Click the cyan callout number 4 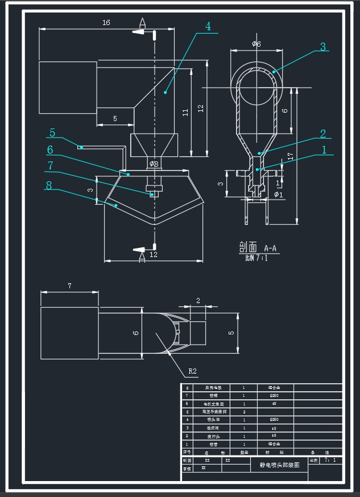click(x=208, y=26)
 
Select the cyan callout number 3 click(x=323, y=47)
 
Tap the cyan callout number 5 click(x=52, y=133)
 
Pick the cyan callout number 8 click(x=48, y=185)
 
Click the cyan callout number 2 click(x=323, y=134)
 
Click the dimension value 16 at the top click(x=106, y=23)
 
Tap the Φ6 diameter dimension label click(x=256, y=44)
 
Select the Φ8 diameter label click(x=154, y=164)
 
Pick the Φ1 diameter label click(x=278, y=194)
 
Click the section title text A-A click(x=270, y=248)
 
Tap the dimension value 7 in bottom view click(x=69, y=286)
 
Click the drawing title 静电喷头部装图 click(x=279, y=465)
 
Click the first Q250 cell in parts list click(x=274, y=395)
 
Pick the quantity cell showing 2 click(x=244, y=411)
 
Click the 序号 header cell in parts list click(x=187, y=452)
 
